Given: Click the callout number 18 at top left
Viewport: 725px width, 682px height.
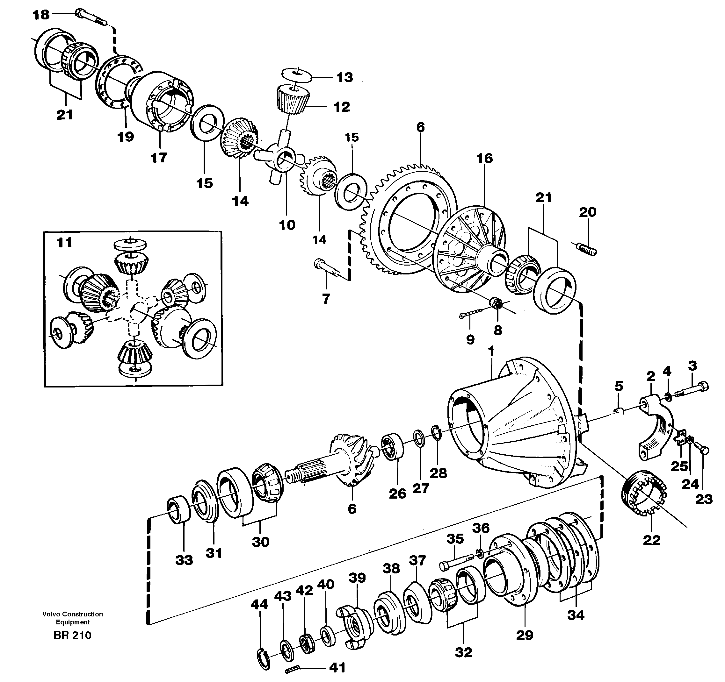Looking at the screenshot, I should [x=41, y=15].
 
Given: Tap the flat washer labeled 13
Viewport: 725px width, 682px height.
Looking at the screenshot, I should [x=296, y=74].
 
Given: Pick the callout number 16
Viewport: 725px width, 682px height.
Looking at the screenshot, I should [x=484, y=159].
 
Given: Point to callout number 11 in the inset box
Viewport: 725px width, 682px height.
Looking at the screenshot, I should [x=64, y=243].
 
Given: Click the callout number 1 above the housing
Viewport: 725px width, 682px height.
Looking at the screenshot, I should [x=491, y=351].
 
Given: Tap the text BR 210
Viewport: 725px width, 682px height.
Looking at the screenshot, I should [x=72, y=636].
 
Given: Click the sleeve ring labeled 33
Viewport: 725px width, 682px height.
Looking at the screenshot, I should [x=179, y=510].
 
